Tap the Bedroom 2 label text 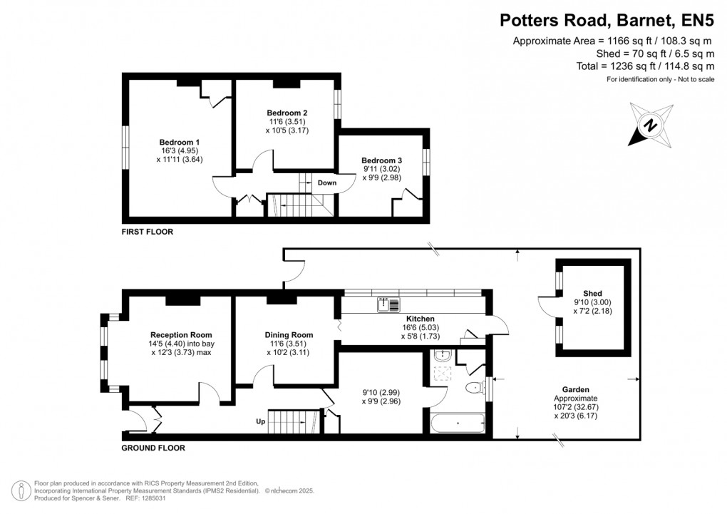287,113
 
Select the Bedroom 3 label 381,160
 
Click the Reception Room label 181,334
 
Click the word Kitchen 421,319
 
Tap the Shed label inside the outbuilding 592,294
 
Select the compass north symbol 650,125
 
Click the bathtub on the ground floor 457,423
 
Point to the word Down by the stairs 327,183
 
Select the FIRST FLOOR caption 147,232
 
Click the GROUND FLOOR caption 153,448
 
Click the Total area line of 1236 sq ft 645,66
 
